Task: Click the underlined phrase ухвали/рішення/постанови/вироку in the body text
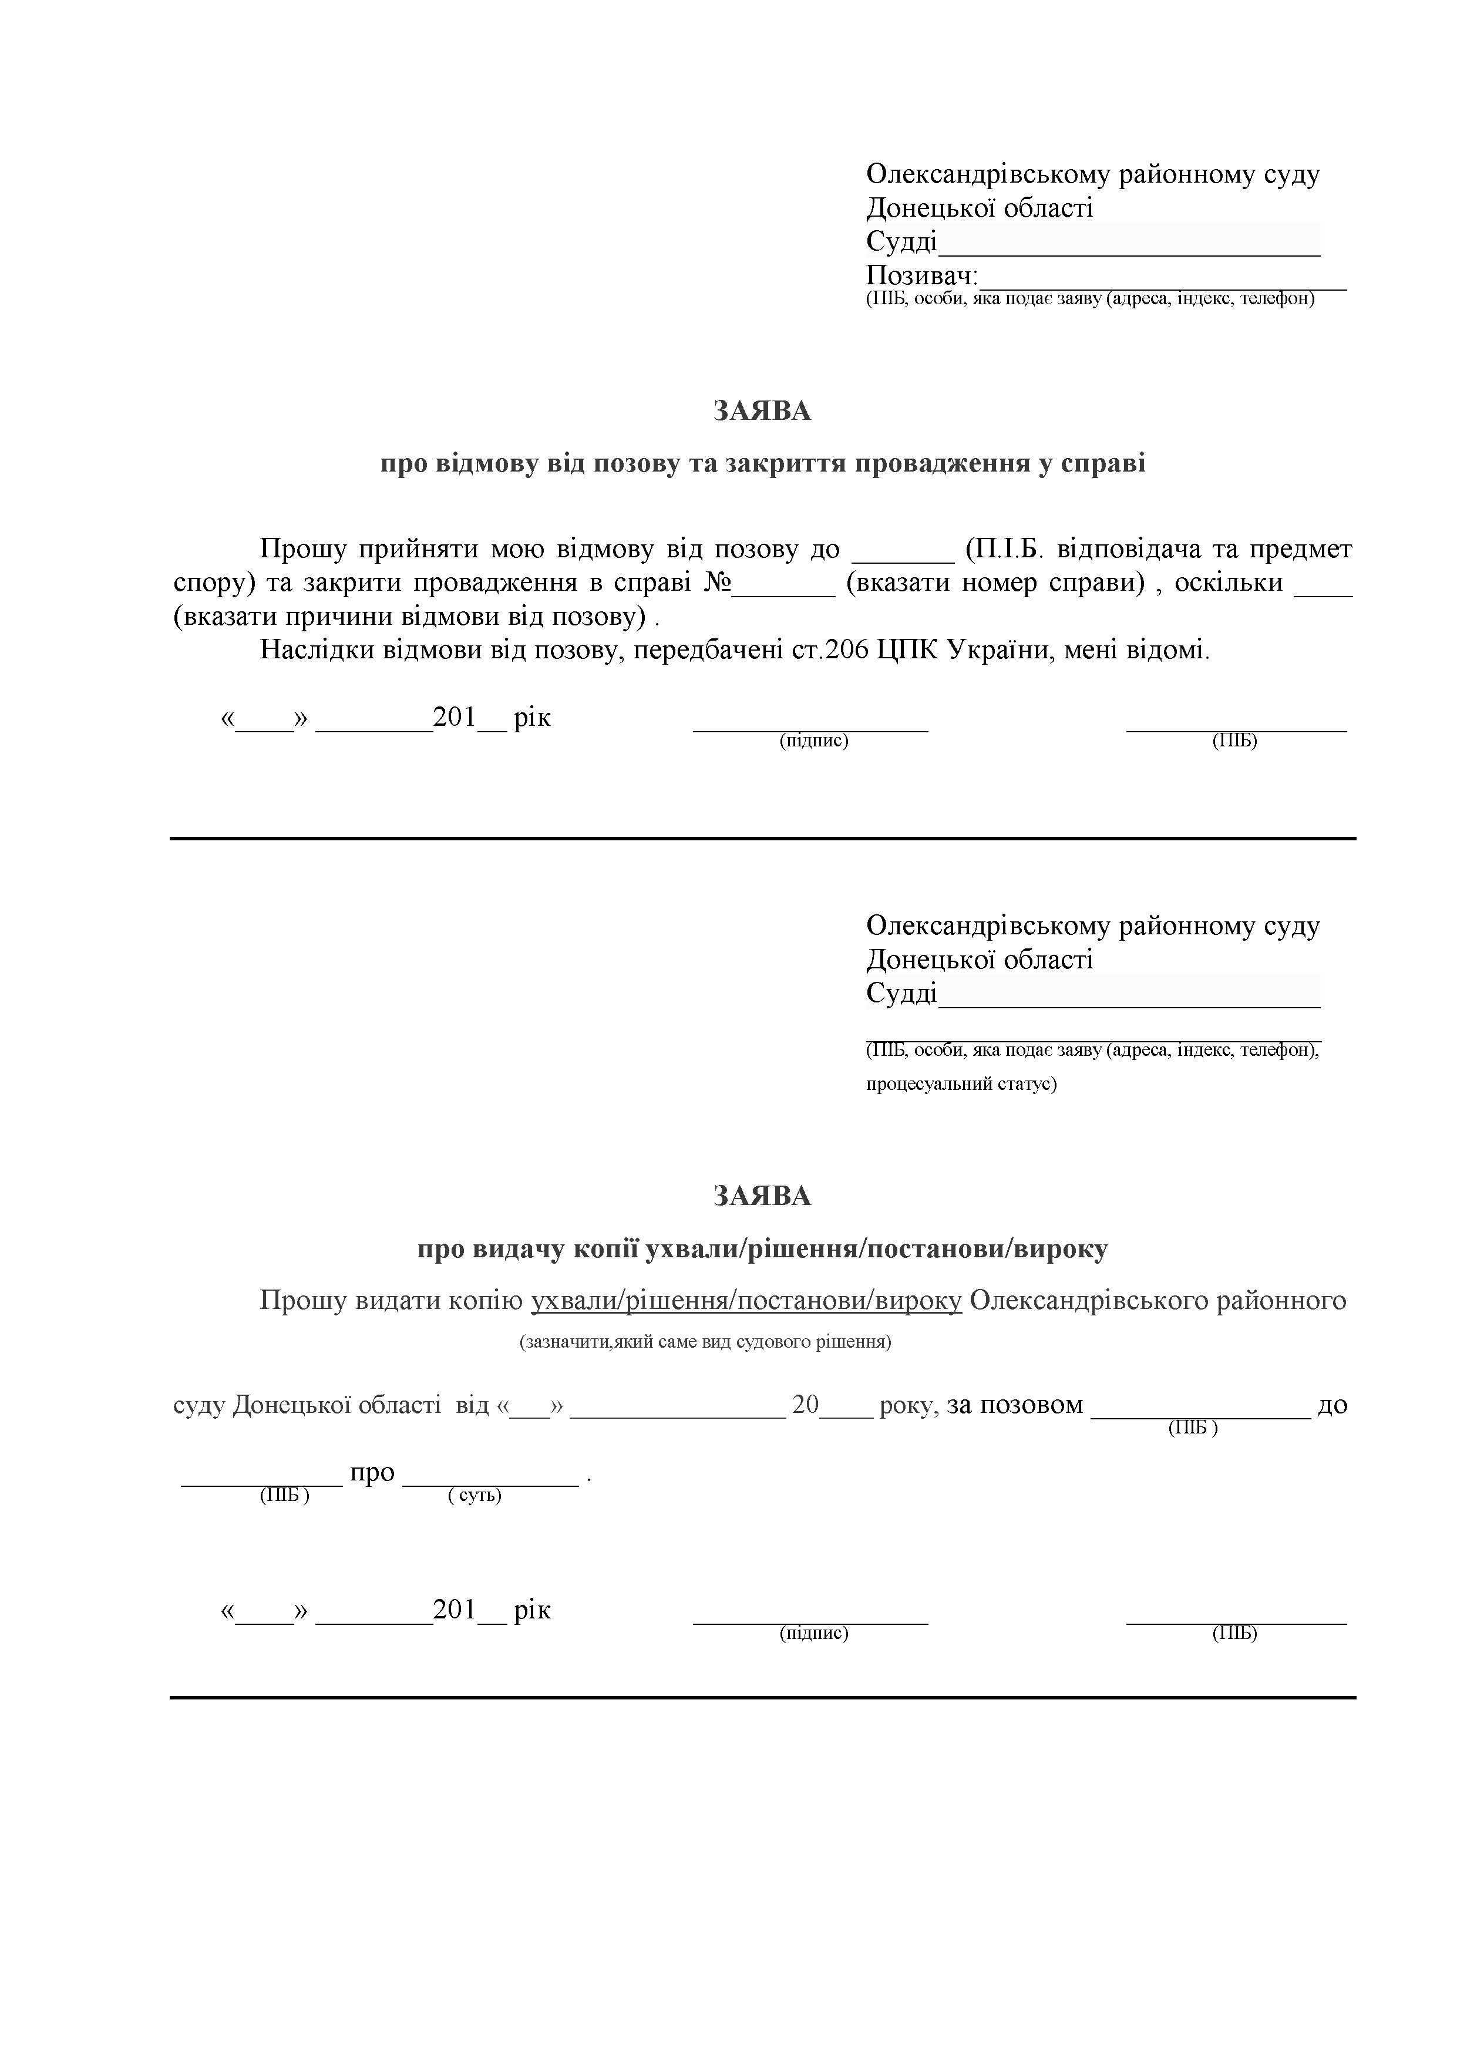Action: click(746, 1300)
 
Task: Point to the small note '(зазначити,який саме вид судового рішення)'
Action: click(705, 1342)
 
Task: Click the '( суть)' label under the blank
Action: click(475, 1496)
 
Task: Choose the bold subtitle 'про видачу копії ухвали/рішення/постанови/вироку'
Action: click(763, 1249)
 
